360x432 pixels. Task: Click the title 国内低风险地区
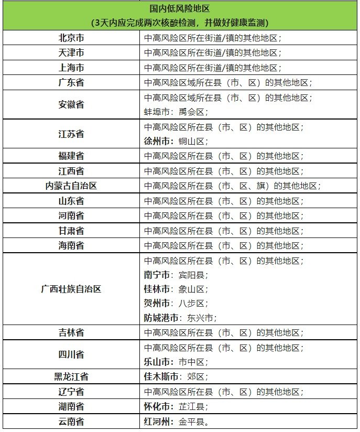pyautogui.click(x=180, y=9)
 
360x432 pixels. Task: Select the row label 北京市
pyautogui.click(x=71, y=38)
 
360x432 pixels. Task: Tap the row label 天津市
pyautogui.click(x=71, y=53)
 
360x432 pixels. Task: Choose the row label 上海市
pyautogui.click(x=71, y=68)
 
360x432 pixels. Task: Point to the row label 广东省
pyautogui.click(x=71, y=83)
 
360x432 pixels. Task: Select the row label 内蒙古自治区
pyautogui.click(x=71, y=186)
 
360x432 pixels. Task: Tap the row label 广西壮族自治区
pyautogui.click(x=71, y=289)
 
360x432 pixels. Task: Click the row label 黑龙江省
pyautogui.click(x=71, y=376)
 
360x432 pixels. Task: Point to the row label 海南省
pyautogui.click(x=71, y=245)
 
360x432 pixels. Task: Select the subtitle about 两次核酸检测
pyautogui.click(x=180, y=23)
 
